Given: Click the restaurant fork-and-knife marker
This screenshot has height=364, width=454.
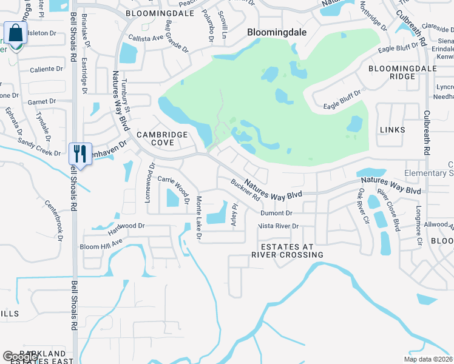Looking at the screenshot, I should [80, 153].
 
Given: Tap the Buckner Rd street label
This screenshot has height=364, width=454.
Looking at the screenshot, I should [245, 190].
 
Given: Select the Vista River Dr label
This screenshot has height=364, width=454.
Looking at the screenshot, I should [278, 226].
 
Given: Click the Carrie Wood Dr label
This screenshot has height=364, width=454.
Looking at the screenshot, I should [174, 189].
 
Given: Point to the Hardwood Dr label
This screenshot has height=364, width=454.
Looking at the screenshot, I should [127, 229].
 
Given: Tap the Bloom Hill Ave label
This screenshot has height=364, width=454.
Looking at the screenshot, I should [101, 247].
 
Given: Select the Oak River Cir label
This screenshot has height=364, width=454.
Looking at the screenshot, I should [364, 207].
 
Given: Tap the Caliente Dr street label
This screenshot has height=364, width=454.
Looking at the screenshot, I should [47, 69].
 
